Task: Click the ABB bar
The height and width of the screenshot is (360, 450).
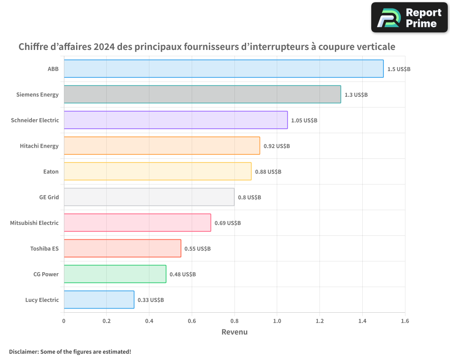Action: (224, 69)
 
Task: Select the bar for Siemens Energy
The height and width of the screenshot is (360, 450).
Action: (202, 94)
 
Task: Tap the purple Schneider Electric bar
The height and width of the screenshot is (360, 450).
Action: (175, 120)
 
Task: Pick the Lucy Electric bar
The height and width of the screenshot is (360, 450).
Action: (99, 300)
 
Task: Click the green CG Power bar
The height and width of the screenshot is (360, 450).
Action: (115, 274)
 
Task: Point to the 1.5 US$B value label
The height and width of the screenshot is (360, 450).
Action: (399, 69)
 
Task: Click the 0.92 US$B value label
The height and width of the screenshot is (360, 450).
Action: (276, 146)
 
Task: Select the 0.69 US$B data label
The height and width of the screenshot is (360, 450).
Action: (227, 223)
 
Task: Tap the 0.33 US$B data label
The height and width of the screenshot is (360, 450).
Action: (150, 300)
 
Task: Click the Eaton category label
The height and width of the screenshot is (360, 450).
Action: (51, 171)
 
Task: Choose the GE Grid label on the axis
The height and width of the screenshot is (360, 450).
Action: (49, 197)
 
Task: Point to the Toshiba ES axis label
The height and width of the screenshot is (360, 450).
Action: (44, 248)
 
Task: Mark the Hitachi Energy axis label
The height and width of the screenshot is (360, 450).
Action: (39, 146)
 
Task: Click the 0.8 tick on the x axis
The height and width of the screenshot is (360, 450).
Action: (234, 321)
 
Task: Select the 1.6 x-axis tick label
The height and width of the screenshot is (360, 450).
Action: (405, 321)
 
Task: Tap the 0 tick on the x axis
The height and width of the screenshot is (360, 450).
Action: (64, 321)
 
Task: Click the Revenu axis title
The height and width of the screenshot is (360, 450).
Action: (234, 332)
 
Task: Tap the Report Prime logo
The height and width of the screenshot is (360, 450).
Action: (409, 18)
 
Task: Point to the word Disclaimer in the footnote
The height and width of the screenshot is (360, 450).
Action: (23, 352)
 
